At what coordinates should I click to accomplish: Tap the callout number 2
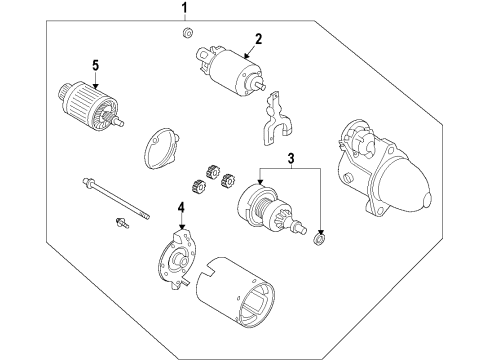(x=257, y=39)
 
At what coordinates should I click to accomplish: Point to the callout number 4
(x=181, y=208)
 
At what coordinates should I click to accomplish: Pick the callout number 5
(x=96, y=66)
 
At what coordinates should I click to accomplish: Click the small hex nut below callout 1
(x=187, y=35)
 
